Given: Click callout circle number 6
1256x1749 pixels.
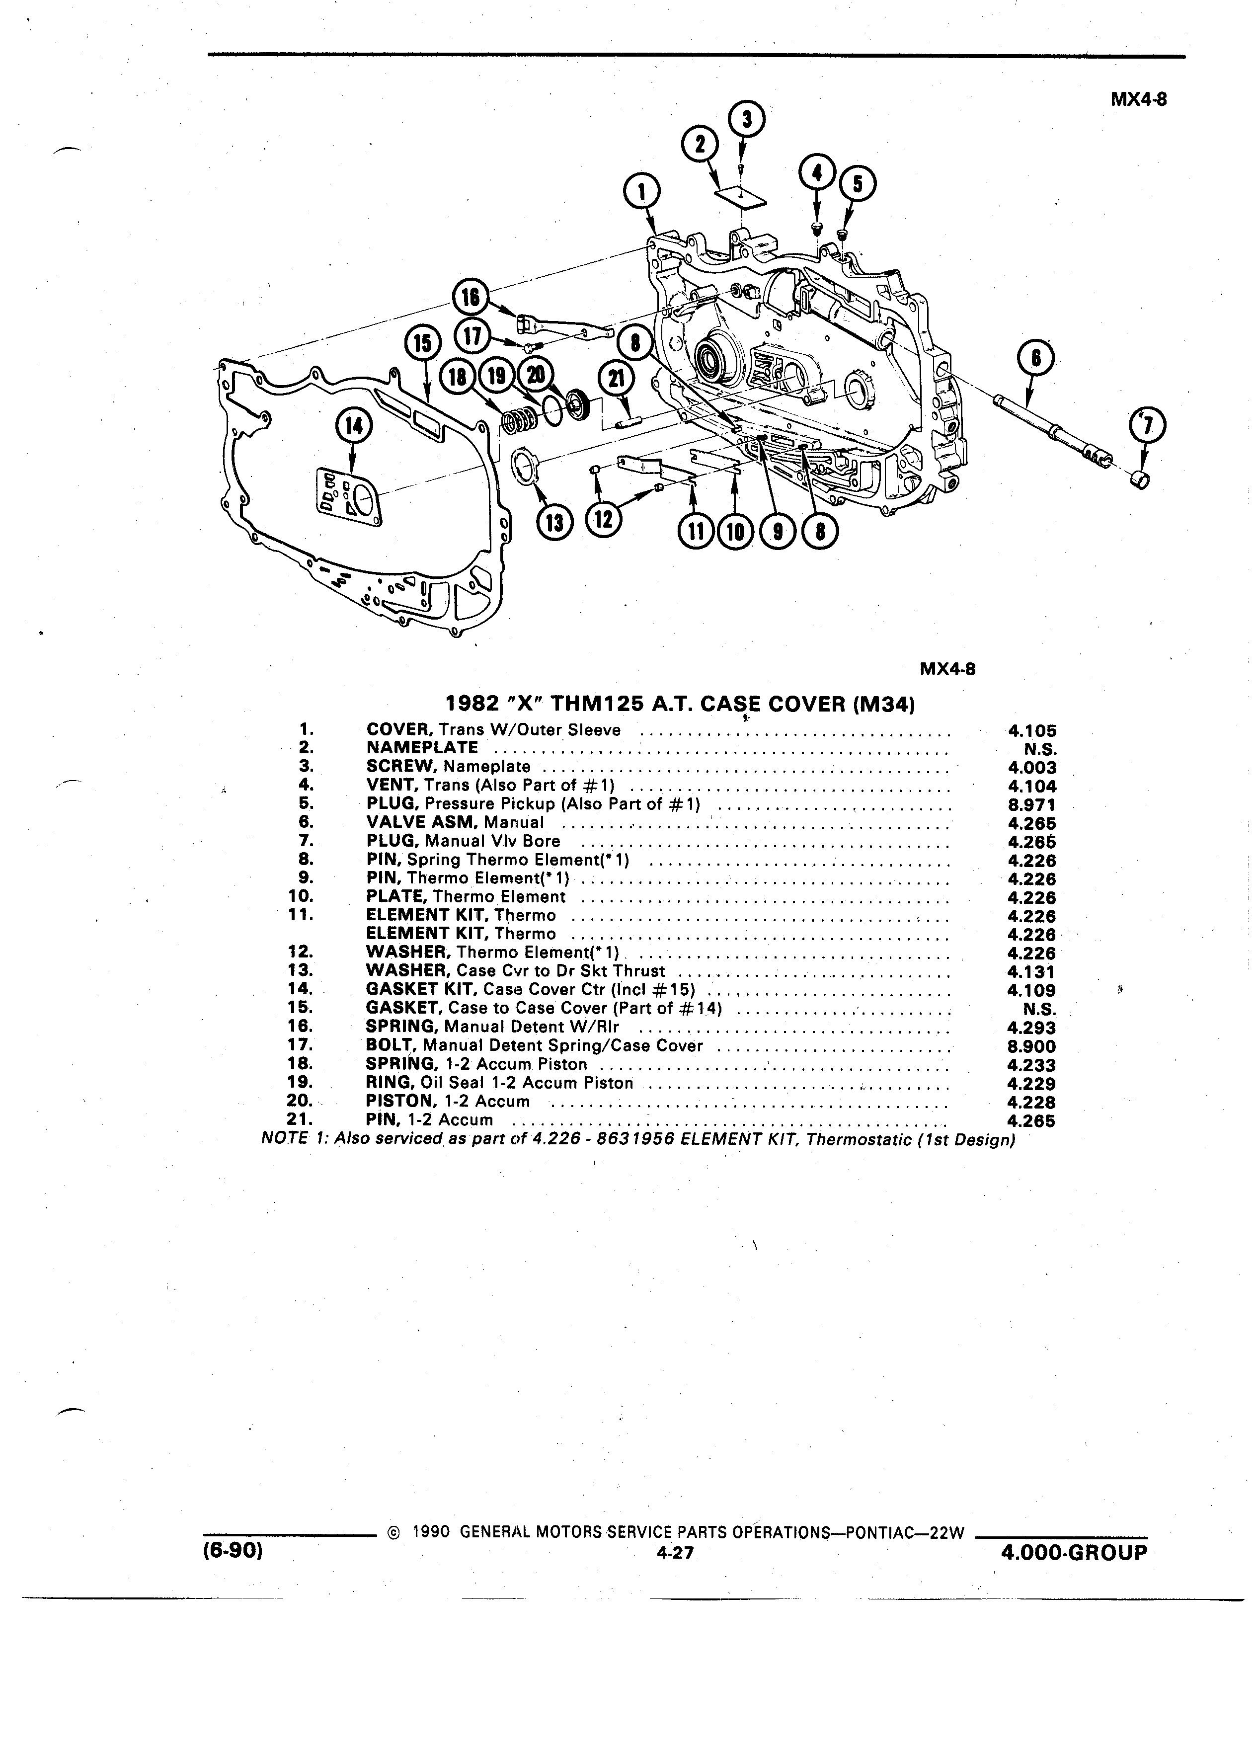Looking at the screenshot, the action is pyautogui.click(x=1035, y=359).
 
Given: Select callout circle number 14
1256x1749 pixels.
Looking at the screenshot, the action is pyautogui.click(x=354, y=426).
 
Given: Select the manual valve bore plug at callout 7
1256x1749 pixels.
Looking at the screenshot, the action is pyautogui.click(x=1140, y=479).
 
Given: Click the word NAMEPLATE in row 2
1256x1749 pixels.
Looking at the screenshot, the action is pyautogui.click(x=422, y=747).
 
